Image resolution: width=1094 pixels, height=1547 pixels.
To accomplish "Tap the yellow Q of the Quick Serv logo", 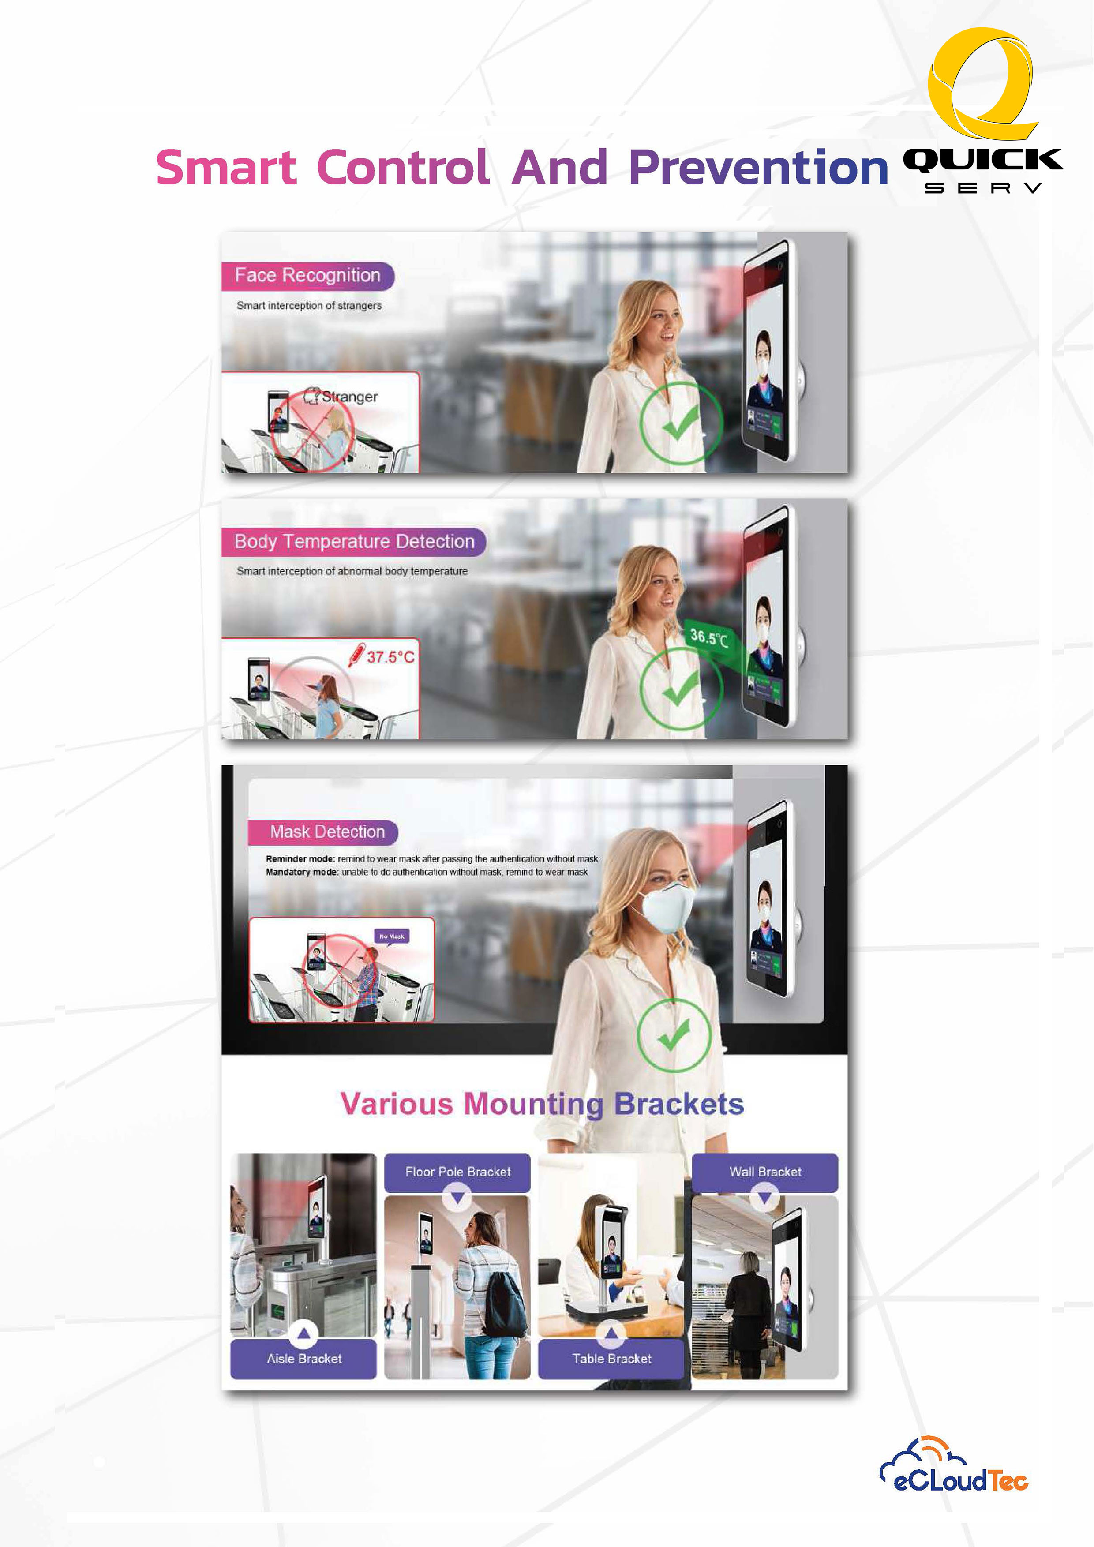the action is point(981,82).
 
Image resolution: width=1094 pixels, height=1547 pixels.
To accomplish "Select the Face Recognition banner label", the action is point(308,276).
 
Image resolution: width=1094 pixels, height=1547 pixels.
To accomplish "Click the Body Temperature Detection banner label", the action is point(354,542).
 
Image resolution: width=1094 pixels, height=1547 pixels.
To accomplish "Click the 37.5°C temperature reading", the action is point(390,656).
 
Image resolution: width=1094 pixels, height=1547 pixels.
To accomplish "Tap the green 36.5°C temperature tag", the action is point(709,637).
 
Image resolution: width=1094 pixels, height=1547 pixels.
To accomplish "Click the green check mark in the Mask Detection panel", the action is point(674,1034).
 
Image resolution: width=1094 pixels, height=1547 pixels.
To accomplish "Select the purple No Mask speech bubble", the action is point(391,936).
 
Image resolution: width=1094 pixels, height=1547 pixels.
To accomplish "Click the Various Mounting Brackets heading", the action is point(542,1104).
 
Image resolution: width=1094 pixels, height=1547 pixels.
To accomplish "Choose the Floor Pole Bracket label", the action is point(457,1172).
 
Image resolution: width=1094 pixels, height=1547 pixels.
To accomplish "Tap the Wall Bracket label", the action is point(765,1172).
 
